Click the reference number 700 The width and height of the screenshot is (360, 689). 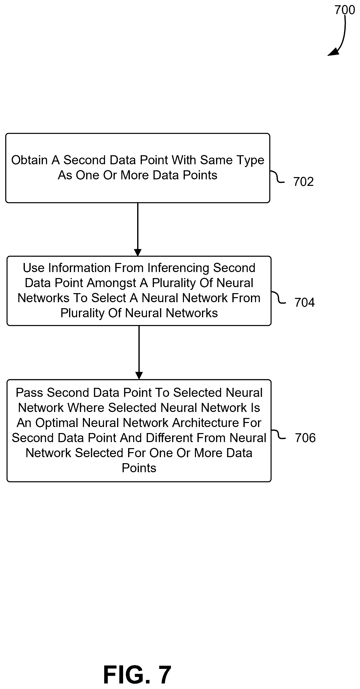344,10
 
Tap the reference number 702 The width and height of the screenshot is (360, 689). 303,182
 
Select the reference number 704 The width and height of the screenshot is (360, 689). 304,302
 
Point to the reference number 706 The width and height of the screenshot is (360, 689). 305,438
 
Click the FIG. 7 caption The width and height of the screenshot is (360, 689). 137,675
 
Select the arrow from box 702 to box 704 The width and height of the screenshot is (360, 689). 138,230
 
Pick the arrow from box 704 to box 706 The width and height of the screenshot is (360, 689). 139,352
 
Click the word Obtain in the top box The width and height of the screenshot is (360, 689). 29,160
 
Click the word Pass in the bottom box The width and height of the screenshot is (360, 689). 29,393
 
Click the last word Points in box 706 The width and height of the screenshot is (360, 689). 139,468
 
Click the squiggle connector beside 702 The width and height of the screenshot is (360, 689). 277,177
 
